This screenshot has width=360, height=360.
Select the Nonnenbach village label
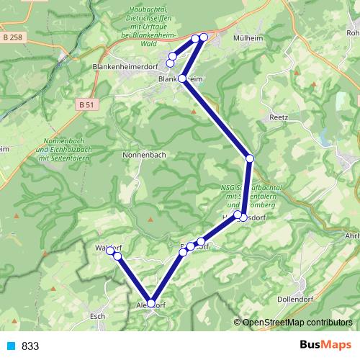[144, 155]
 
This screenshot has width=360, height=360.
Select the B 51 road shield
[87, 104]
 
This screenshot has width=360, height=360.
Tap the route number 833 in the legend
[30, 346]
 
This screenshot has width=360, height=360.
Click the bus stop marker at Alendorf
[151, 303]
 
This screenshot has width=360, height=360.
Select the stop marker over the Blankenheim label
[182, 78]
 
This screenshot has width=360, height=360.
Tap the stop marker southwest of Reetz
[250, 158]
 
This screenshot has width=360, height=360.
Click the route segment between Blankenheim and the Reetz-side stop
[216, 118]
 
